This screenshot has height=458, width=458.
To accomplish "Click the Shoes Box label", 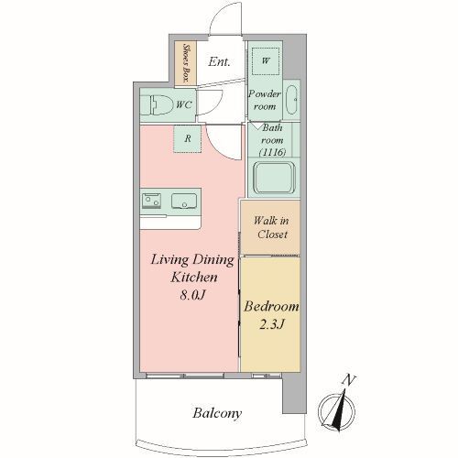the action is (185, 63).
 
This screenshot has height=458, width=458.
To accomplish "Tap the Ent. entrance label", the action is (219, 62).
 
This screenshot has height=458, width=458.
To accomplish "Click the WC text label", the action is (184, 104).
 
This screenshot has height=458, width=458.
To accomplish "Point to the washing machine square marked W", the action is (266, 60).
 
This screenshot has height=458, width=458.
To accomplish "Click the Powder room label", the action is (265, 100).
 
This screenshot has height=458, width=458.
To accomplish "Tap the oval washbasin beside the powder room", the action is (291, 100).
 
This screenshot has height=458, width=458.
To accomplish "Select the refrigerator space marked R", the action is (188, 138).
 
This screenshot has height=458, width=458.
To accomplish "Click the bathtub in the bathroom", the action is (274, 179).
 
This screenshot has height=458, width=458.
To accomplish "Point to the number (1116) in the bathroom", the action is (272, 152).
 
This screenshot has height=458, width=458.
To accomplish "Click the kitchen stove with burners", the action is (151, 201).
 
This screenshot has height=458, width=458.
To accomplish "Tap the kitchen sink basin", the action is (184, 201).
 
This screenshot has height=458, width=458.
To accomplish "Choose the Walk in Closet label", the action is (271, 227).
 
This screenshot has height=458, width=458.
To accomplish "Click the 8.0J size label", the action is (191, 295).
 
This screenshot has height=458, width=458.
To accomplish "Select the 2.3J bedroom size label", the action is (271, 324).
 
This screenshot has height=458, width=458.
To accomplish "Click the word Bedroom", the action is (271, 307).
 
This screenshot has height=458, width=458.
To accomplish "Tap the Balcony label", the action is (217, 413).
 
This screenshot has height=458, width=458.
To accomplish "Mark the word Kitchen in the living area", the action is (194, 278).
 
